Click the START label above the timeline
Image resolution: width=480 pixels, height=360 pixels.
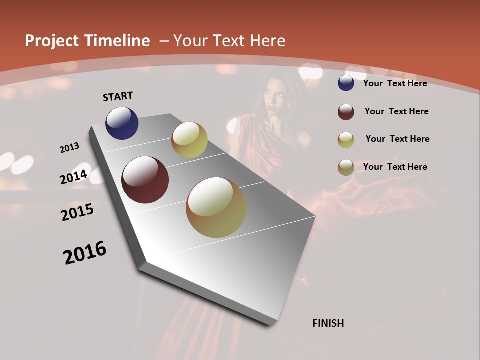tap(118, 96)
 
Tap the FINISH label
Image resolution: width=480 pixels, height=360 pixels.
tap(328, 323)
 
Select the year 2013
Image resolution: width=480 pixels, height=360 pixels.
tap(70, 148)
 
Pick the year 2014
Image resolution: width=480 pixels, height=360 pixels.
tap(74, 177)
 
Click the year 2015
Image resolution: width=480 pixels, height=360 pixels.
tap(77, 212)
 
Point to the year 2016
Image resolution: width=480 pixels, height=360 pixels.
tap(85, 253)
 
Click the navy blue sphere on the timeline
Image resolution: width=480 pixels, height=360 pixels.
tap(122, 123)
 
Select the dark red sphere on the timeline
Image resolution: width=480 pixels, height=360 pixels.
tap(145, 180)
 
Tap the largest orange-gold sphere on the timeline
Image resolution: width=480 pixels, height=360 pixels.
tap(216, 207)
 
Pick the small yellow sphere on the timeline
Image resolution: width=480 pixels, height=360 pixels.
tap(189, 140)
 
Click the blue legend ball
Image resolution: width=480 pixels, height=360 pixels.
tap(346, 83)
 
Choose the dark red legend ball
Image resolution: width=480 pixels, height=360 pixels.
tap(346, 112)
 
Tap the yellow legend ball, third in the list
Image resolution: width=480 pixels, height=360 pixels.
tap(346, 140)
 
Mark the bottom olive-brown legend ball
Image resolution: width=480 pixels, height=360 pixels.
tap(346, 167)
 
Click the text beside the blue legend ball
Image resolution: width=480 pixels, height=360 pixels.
tap(395, 83)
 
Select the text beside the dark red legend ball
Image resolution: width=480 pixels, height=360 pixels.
tap(396, 111)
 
